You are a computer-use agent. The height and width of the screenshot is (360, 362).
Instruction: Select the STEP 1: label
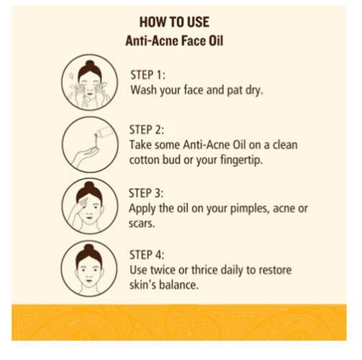click(x=148, y=75)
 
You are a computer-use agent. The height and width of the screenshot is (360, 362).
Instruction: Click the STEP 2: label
click(x=148, y=130)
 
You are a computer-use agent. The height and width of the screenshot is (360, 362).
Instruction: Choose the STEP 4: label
click(x=148, y=255)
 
